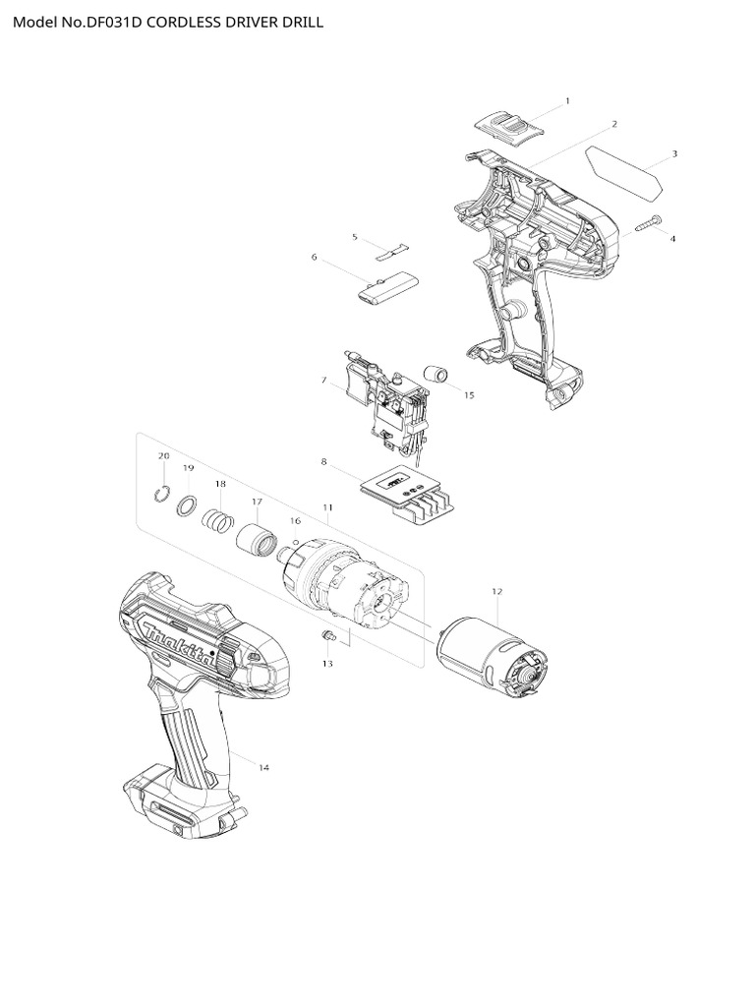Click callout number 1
pos(567,100)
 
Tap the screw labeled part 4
pos(645,223)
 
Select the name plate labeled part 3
pos(623,168)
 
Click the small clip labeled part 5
pos(392,249)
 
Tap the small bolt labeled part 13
pos(330,638)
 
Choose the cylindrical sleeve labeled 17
pos(259,540)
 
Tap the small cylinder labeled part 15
pos(436,375)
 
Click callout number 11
pos(327,507)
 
